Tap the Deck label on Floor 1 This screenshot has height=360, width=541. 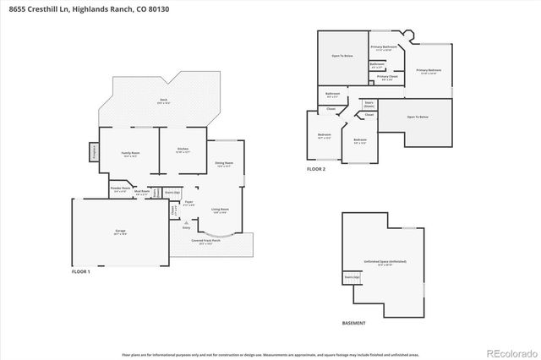(162, 100)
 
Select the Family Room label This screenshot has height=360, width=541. (130, 154)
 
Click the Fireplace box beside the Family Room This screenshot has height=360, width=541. (93, 152)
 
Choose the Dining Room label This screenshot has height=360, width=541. (223, 163)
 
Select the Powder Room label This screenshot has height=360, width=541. (119, 190)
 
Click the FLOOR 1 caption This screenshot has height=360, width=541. (81, 271)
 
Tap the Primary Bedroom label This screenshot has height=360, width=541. (429, 71)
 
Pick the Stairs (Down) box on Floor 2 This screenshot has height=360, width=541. (369, 103)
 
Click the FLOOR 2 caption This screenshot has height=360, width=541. (315, 169)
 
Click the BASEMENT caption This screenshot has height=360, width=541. (354, 323)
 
